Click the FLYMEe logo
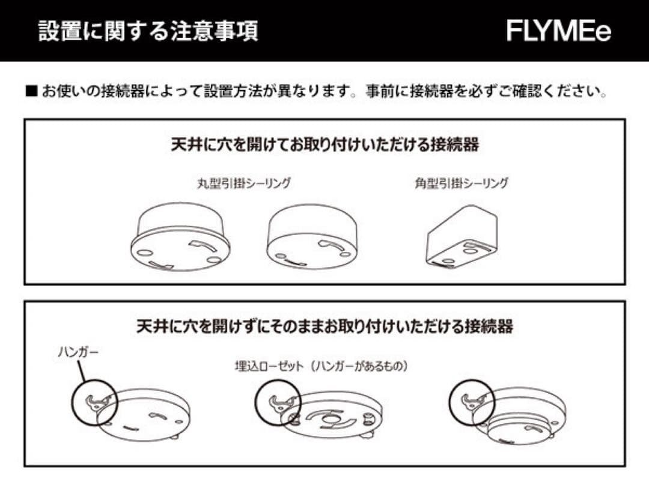click(558, 31)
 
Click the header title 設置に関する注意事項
click(148, 31)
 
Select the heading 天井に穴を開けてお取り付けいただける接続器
click(324, 145)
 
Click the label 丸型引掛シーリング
click(244, 183)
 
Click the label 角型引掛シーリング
click(461, 183)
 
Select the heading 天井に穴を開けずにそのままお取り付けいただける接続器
click(324, 326)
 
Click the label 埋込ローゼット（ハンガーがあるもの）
click(321, 366)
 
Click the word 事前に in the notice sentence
click(385, 93)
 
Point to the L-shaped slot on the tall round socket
click(201, 246)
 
